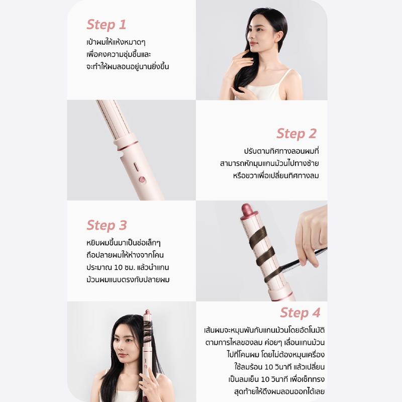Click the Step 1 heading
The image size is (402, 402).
pyautogui.click(x=107, y=25)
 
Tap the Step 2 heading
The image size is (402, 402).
pyautogui.click(x=296, y=134)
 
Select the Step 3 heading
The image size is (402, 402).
pyautogui.click(x=107, y=226)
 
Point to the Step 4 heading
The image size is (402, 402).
pyautogui.click(x=300, y=313)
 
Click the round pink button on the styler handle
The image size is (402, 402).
pyautogui.click(x=142, y=180)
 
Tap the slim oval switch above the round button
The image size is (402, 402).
pyautogui.click(x=136, y=167)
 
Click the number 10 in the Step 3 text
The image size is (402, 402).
pyautogui.click(x=118, y=267)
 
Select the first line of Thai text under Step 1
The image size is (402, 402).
pyautogui.click(x=116, y=42)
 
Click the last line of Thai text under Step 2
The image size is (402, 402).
pyautogui.click(x=276, y=175)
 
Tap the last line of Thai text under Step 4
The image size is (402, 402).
pyautogui.click(x=279, y=391)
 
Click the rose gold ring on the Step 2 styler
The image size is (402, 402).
pyautogui.click(x=128, y=146)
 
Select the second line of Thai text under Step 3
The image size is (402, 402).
pyautogui.click(x=125, y=255)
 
